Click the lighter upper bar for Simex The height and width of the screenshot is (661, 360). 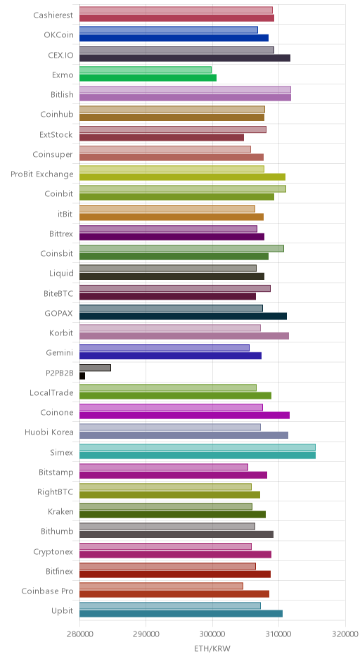198,447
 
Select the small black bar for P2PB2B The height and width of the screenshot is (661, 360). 82,376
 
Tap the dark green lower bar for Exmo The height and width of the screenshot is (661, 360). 148,77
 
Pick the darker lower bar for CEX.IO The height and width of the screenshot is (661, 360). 185,58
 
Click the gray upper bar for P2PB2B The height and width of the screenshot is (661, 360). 95,368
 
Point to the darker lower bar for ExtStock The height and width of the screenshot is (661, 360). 162,137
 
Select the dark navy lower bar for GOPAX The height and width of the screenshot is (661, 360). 184,316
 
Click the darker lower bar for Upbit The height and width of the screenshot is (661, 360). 181,613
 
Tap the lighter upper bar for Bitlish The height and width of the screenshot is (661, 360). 185,89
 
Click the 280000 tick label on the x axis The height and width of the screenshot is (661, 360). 79,634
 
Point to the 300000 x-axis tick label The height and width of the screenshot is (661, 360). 212,634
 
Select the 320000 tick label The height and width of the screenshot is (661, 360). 345,634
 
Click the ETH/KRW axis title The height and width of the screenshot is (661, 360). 212,648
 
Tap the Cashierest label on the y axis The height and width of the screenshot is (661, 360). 53,15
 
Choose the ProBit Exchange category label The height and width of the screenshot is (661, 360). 42,174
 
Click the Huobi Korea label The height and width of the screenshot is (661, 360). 49,432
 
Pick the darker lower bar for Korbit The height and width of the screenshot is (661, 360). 184,336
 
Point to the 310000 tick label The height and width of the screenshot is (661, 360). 278,634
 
